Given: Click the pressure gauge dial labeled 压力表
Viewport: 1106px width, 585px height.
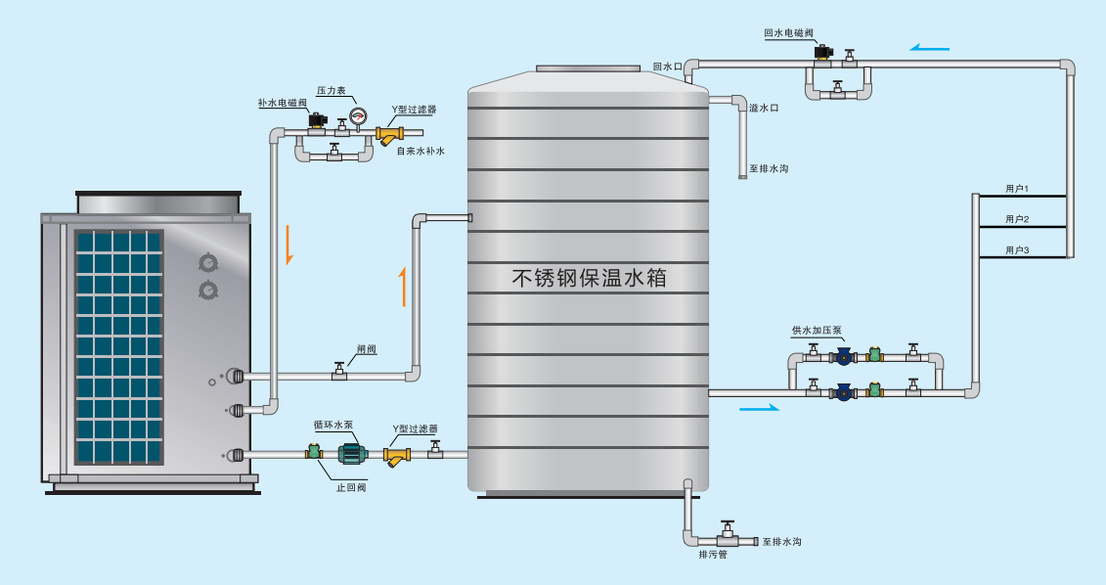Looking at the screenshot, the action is click(x=359, y=114).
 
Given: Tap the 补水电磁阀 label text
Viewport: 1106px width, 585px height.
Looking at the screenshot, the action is click(x=283, y=103).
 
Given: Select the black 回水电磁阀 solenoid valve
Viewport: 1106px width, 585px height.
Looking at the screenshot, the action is click(x=822, y=53).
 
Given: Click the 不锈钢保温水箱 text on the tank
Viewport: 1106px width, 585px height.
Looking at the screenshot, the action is click(x=589, y=277).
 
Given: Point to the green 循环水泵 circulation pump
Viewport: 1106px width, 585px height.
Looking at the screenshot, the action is click(x=353, y=453).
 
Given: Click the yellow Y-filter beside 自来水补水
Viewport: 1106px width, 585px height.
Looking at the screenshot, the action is click(x=388, y=135).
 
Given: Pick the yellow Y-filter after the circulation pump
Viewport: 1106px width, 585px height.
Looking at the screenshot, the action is click(x=398, y=456).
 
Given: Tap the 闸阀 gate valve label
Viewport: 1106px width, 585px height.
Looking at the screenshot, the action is click(x=367, y=349).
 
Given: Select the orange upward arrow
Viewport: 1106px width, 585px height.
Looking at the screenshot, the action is click(x=404, y=287).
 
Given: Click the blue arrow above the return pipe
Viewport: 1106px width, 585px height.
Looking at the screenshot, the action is click(x=929, y=48).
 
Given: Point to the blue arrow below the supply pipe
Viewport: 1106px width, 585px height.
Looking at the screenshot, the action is click(x=760, y=407).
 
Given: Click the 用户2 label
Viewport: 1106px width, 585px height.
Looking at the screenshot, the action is click(x=1017, y=219).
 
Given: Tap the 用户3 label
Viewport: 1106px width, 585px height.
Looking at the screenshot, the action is click(x=1017, y=250).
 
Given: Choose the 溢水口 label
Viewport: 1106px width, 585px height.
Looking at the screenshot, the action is click(x=764, y=108).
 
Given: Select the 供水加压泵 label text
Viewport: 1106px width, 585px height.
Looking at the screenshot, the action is click(x=817, y=331).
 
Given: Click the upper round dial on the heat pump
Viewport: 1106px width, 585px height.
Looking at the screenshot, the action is click(x=208, y=263).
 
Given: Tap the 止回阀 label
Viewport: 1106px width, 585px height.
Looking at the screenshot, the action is click(x=351, y=487).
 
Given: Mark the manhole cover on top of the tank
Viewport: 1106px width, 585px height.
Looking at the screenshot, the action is click(x=589, y=68).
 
